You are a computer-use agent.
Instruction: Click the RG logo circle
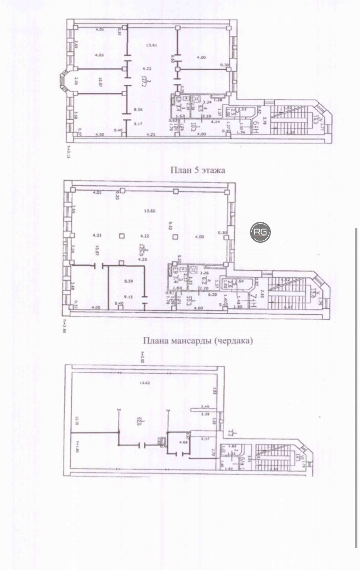260,232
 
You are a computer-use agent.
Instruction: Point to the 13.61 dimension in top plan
150,45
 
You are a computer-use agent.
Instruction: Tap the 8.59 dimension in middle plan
128,282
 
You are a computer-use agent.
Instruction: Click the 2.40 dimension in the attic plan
206,406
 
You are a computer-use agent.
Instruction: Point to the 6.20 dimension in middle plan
212,294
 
